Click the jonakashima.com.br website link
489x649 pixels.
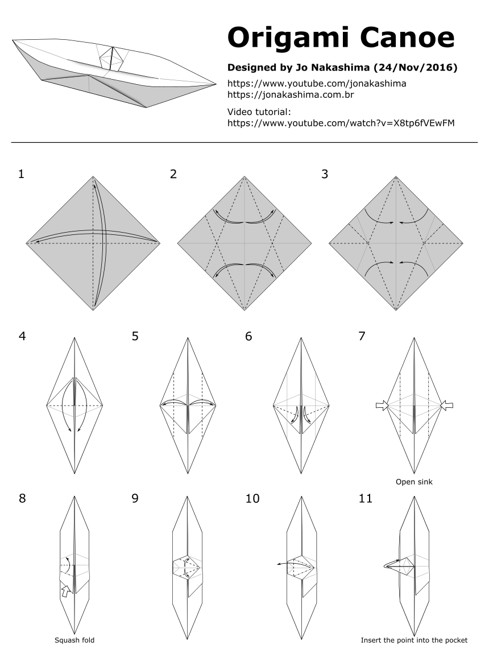[291, 94]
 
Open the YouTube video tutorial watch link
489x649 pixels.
[341, 122]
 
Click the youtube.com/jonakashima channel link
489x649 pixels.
[317, 83]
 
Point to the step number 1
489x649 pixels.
[21, 174]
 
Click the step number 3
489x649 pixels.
[325, 174]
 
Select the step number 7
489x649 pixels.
[362, 336]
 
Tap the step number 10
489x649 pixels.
[252, 498]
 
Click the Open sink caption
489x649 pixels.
[414, 482]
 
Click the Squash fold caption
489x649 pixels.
[74, 640]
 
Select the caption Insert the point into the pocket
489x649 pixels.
[414, 640]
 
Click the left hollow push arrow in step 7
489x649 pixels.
[381, 406]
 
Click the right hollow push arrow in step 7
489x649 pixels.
[447, 406]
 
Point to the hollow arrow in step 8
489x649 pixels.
[66, 590]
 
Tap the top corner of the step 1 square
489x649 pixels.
[93, 176]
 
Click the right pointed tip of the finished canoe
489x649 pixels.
[217, 85]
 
